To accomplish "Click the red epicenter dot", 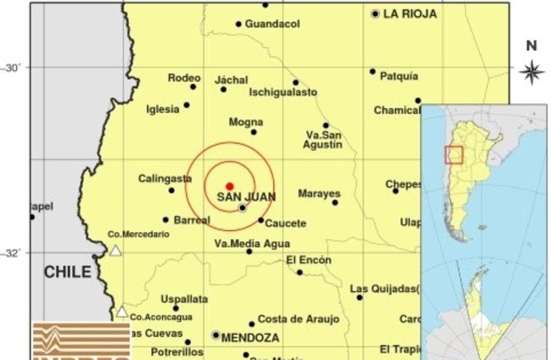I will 229,186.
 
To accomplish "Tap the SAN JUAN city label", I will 246,197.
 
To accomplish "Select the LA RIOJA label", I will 410,15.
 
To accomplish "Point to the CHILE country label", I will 67,272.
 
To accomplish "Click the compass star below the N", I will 531,72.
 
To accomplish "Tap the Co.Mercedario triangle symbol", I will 116,250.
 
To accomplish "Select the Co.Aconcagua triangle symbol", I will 122,312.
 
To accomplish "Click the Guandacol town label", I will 272,24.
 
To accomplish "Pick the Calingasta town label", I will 165,179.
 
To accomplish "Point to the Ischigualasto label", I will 283,92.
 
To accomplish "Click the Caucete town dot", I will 261,220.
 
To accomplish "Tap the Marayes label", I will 319,193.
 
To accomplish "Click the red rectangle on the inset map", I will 454,155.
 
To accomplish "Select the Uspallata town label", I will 184,299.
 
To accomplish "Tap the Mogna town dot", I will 254,132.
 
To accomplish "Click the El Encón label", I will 309,260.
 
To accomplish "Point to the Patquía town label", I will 399,76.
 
